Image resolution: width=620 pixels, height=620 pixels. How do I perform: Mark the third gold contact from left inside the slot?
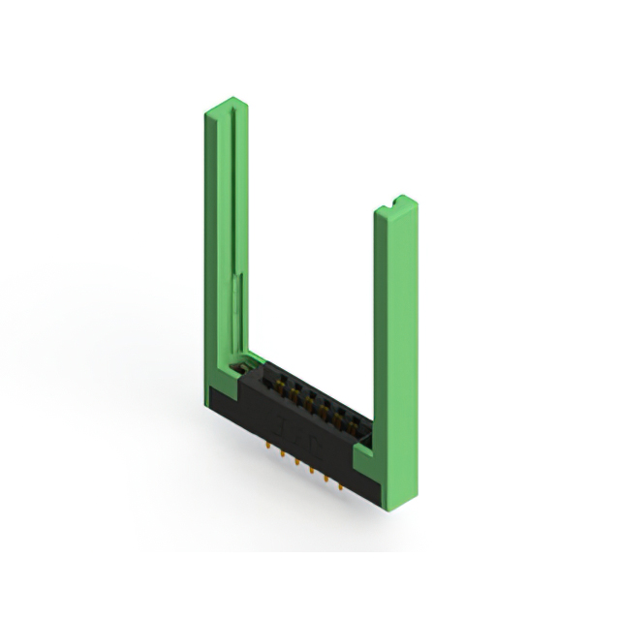[x=302, y=396]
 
